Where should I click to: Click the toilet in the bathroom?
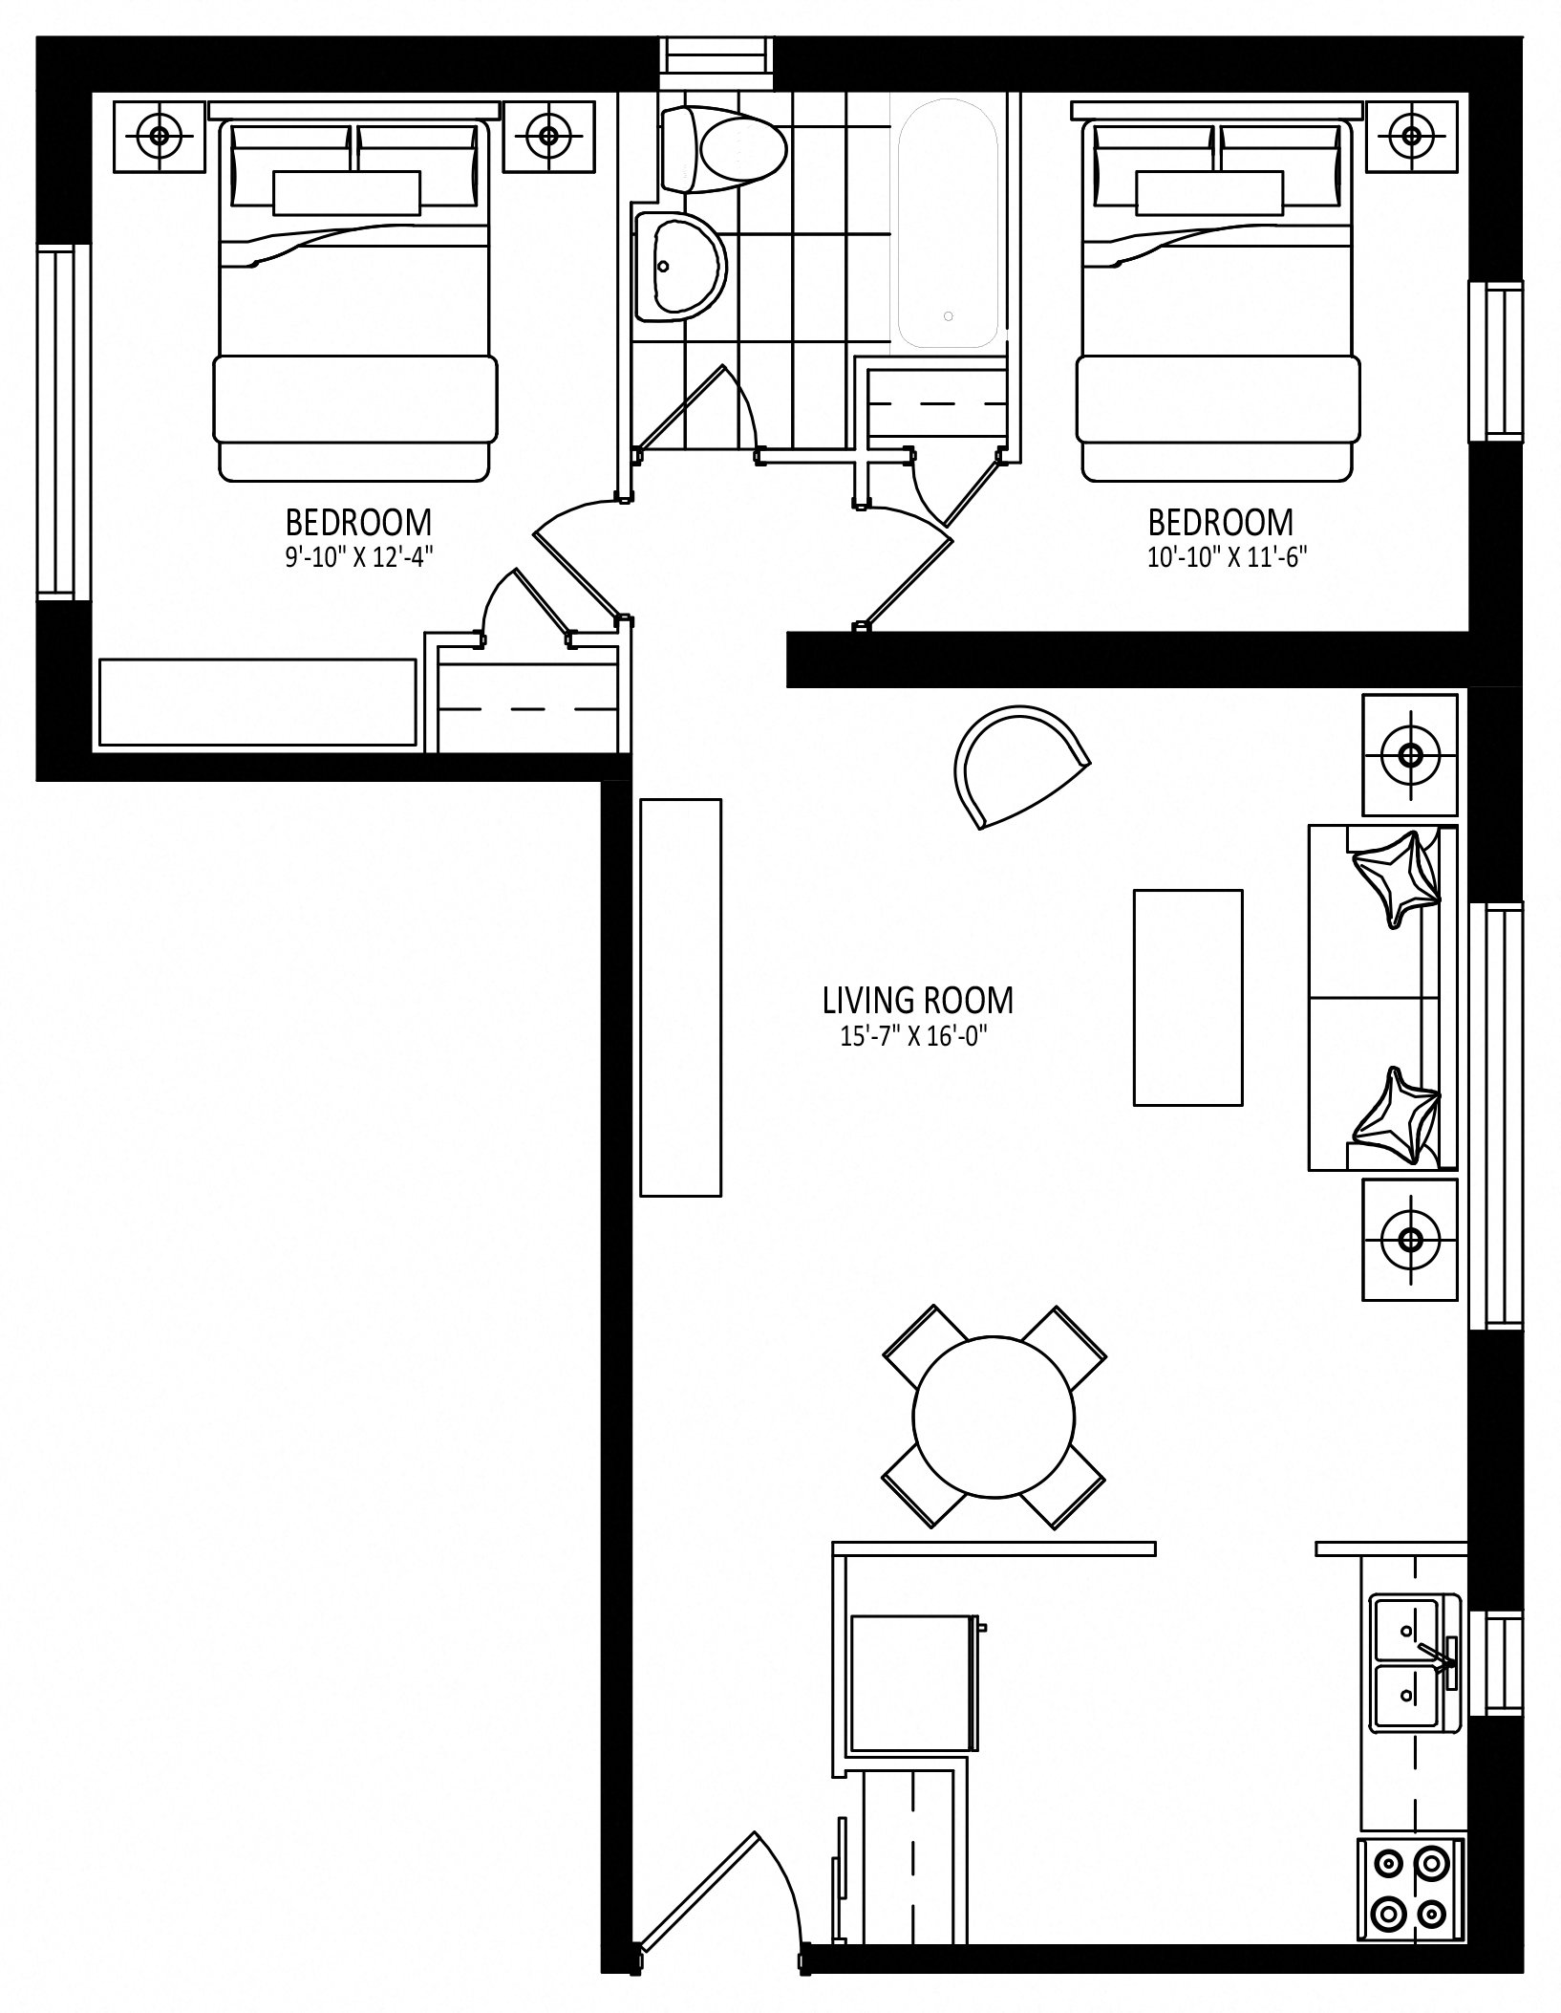pos(724,148)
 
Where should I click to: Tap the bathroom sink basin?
pos(679,267)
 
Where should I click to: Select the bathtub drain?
pos(948,315)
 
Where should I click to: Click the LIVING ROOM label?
pos(918,1001)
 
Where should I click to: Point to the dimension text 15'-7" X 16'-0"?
pos(912,1037)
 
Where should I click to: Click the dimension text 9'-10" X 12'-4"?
pos(359,557)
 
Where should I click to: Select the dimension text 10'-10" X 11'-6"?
pos(1227,557)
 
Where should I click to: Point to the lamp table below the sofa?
pos(1410,1239)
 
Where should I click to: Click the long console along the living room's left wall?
pos(680,997)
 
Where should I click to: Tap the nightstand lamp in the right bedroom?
pos(1412,135)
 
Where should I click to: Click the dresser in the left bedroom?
pos(258,702)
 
